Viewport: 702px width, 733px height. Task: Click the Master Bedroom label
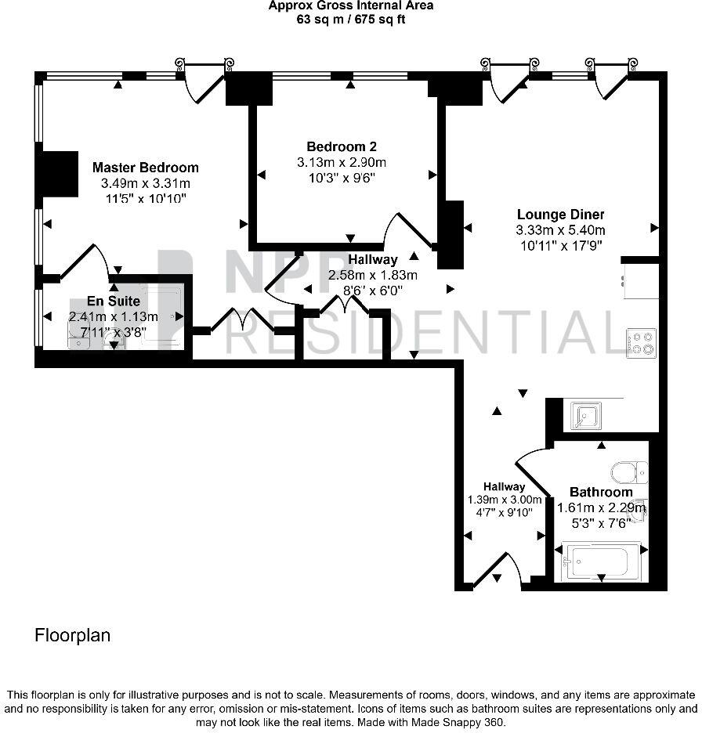click(145, 168)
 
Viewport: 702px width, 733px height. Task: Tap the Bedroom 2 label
click(342, 146)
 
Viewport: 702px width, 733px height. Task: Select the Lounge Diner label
click(560, 215)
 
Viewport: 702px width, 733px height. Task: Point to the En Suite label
click(114, 301)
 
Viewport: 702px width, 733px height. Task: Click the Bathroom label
click(601, 492)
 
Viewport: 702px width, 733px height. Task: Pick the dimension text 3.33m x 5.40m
click(560, 230)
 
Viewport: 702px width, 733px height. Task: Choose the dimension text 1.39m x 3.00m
click(505, 500)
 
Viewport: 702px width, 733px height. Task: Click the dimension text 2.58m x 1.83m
click(372, 275)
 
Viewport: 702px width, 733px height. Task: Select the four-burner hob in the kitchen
click(640, 342)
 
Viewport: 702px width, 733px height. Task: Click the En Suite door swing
click(86, 262)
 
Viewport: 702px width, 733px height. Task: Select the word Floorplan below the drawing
click(72, 635)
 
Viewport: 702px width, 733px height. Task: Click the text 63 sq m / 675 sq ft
click(350, 19)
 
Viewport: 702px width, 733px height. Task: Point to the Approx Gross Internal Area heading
click(350, 5)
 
